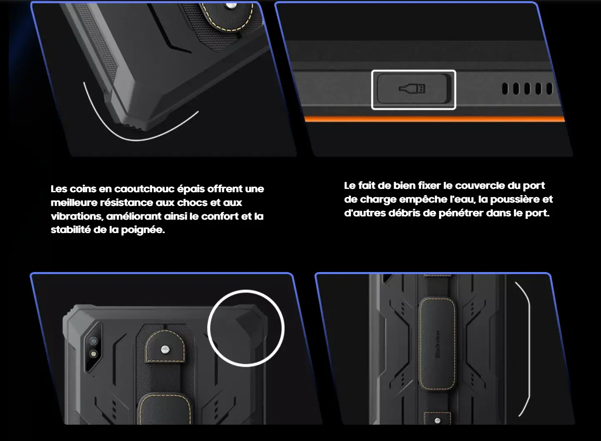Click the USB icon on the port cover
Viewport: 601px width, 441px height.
pyautogui.click(x=412, y=89)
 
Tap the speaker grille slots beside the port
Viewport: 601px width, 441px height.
pyautogui.click(x=527, y=89)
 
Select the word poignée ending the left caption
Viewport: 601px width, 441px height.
pyautogui.click(x=143, y=230)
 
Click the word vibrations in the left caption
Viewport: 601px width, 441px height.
pyautogui.click(x=76, y=216)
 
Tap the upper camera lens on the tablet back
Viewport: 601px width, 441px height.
pyautogui.click(x=93, y=341)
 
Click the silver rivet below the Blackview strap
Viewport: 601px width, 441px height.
pyautogui.click(x=437, y=421)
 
